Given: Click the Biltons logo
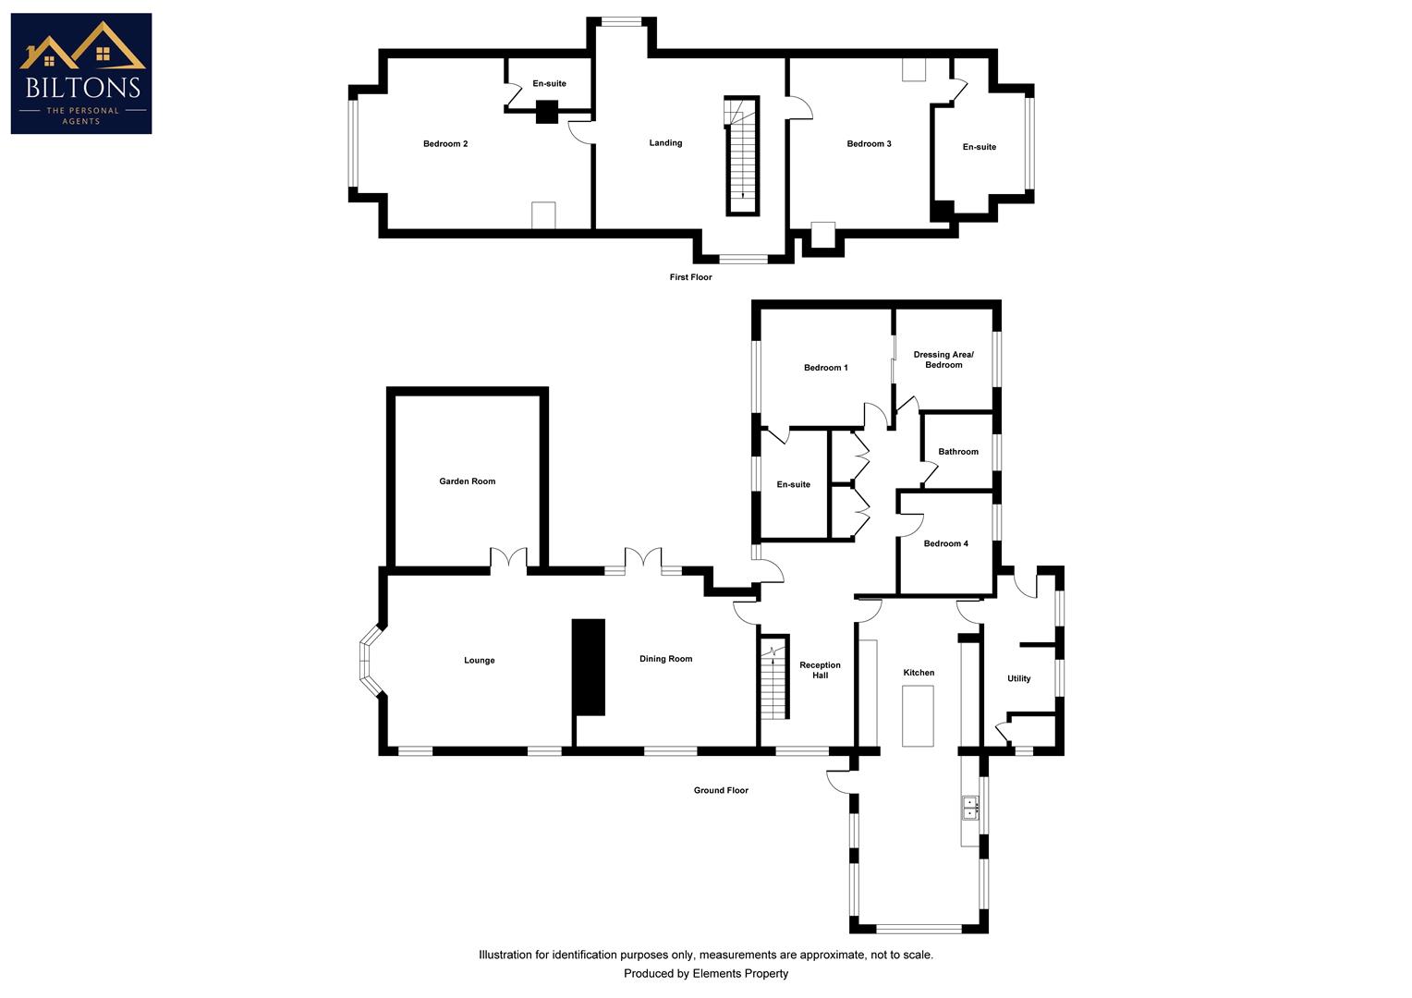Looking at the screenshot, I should coord(81,73).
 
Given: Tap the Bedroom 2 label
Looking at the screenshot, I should coord(445,144).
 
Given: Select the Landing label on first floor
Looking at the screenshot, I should coord(665,143).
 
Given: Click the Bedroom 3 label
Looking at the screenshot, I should coord(869,144).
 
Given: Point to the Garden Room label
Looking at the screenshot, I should coord(467,481).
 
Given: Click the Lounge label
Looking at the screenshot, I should coord(479,661).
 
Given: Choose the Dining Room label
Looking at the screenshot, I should coord(665,659).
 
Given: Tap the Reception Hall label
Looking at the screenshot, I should coord(820,670).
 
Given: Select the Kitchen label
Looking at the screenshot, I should coord(919,673).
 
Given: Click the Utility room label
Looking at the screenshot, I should coord(1018,679).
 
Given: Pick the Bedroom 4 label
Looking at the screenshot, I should coord(945,543).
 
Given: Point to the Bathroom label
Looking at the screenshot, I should coord(957,452).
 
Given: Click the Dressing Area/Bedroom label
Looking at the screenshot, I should coord(943,359).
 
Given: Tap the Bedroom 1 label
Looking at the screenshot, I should coord(825,368).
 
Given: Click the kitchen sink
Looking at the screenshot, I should coord(970,809).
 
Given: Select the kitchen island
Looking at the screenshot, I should coord(918,716).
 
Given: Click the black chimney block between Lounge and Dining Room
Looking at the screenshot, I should coord(589,667).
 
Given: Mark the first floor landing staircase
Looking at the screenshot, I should coord(742,155).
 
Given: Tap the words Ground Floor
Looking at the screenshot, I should coord(721,791).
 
